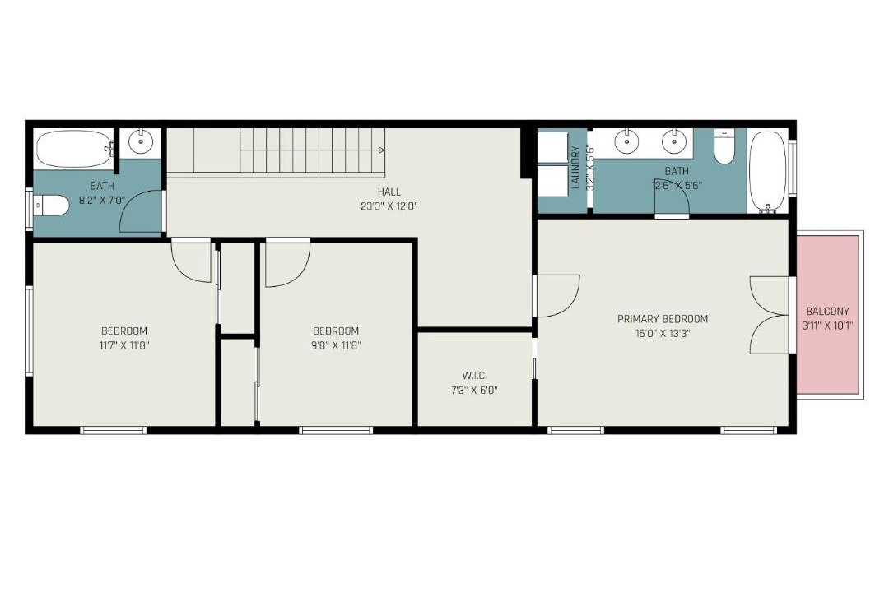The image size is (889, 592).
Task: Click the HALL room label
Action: (x=389, y=192)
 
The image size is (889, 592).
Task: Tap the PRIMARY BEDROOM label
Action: (x=662, y=319)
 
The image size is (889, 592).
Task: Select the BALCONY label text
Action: (x=827, y=311)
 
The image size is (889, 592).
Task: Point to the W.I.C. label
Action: (x=474, y=376)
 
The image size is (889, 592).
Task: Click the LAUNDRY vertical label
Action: (x=575, y=167)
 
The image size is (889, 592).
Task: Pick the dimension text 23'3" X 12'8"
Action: (x=389, y=206)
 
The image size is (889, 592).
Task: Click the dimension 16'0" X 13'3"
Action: (x=662, y=334)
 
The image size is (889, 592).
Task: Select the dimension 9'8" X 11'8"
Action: (x=336, y=345)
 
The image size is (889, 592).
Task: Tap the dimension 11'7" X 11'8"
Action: (x=124, y=345)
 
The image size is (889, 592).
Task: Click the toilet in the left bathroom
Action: (x=51, y=205)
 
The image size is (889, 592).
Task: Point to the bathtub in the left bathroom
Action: (x=74, y=149)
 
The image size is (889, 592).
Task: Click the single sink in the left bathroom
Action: (x=140, y=141)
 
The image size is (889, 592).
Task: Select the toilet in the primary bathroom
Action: (x=724, y=146)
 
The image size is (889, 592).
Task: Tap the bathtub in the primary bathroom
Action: (x=768, y=171)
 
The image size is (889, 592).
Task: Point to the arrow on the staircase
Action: (x=382, y=150)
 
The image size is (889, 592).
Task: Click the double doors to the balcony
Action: (x=770, y=315)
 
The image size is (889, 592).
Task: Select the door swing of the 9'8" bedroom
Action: (x=287, y=263)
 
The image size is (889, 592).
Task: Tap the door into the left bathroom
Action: (x=142, y=210)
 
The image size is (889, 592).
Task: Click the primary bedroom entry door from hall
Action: (x=557, y=296)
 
